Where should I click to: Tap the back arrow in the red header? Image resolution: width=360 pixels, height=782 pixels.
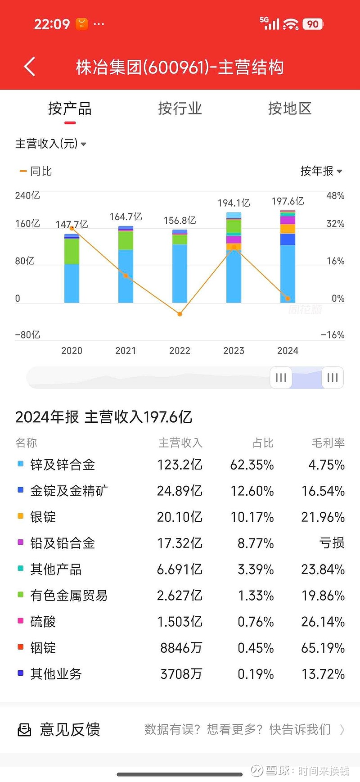[30, 67]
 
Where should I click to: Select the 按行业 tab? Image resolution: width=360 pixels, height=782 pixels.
[180, 108]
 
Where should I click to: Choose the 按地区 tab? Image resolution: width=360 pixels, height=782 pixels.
[290, 108]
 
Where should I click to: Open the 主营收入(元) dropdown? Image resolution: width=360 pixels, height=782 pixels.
[50, 144]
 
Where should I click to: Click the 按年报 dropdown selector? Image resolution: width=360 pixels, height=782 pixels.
[321, 171]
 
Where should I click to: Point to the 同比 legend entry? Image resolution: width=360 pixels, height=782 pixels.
[36, 171]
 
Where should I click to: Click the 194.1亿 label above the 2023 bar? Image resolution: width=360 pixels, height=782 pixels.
[234, 203]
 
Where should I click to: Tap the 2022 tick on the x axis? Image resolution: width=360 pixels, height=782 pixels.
[180, 351]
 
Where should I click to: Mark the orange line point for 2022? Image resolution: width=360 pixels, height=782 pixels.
[180, 314]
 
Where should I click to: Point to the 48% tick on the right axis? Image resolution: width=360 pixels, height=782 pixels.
[335, 196]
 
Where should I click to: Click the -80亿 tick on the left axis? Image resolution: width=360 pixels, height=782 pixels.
[27, 335]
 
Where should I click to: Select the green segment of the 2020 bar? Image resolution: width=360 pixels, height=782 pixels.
[72, 251]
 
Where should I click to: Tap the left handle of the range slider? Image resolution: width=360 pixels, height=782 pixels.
[281, 377]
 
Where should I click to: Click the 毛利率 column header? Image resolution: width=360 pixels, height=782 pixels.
[328, 443]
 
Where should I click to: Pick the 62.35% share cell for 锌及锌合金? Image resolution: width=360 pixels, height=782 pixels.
[252, 465]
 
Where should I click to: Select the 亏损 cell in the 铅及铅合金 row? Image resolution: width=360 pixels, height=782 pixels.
[332, 543]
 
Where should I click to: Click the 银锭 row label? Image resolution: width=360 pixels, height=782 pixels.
[43, 517]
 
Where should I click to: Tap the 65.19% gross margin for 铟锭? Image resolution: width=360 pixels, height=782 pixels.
[323, 648]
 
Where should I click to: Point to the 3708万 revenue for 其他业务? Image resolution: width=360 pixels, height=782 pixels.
[181, 674]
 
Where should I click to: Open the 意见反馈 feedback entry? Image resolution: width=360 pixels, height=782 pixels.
[70, 729]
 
